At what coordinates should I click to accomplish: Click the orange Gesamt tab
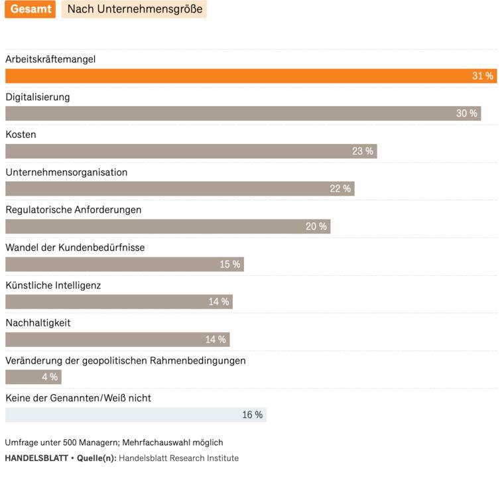pyautogui.click(x=30, y=10)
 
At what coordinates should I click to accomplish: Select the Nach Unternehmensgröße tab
pyautogui.click(x=135, y=10)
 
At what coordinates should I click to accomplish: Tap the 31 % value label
pyautogui.click(x=483, y=76)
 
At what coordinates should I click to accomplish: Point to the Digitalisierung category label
pyautogui.click(x=38, y=97)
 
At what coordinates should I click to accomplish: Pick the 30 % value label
pyautogui.click(x=467, y=113)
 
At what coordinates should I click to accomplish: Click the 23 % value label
pyautogui.click(x=363, y=151)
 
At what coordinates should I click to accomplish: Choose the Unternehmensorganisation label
pyautogui.click(x=66, y=172)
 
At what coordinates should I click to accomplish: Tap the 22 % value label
pyautogui.click(x=340, y=189)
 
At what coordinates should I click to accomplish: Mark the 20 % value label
pyautogui.click(x=316, y=227)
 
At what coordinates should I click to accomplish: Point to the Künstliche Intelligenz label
pyautogui.click(x=53, y=285)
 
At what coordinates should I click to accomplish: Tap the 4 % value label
pyautogui.click(x=50, y=377)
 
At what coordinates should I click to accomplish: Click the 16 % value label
pyautogui.click(x=252, y=415)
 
